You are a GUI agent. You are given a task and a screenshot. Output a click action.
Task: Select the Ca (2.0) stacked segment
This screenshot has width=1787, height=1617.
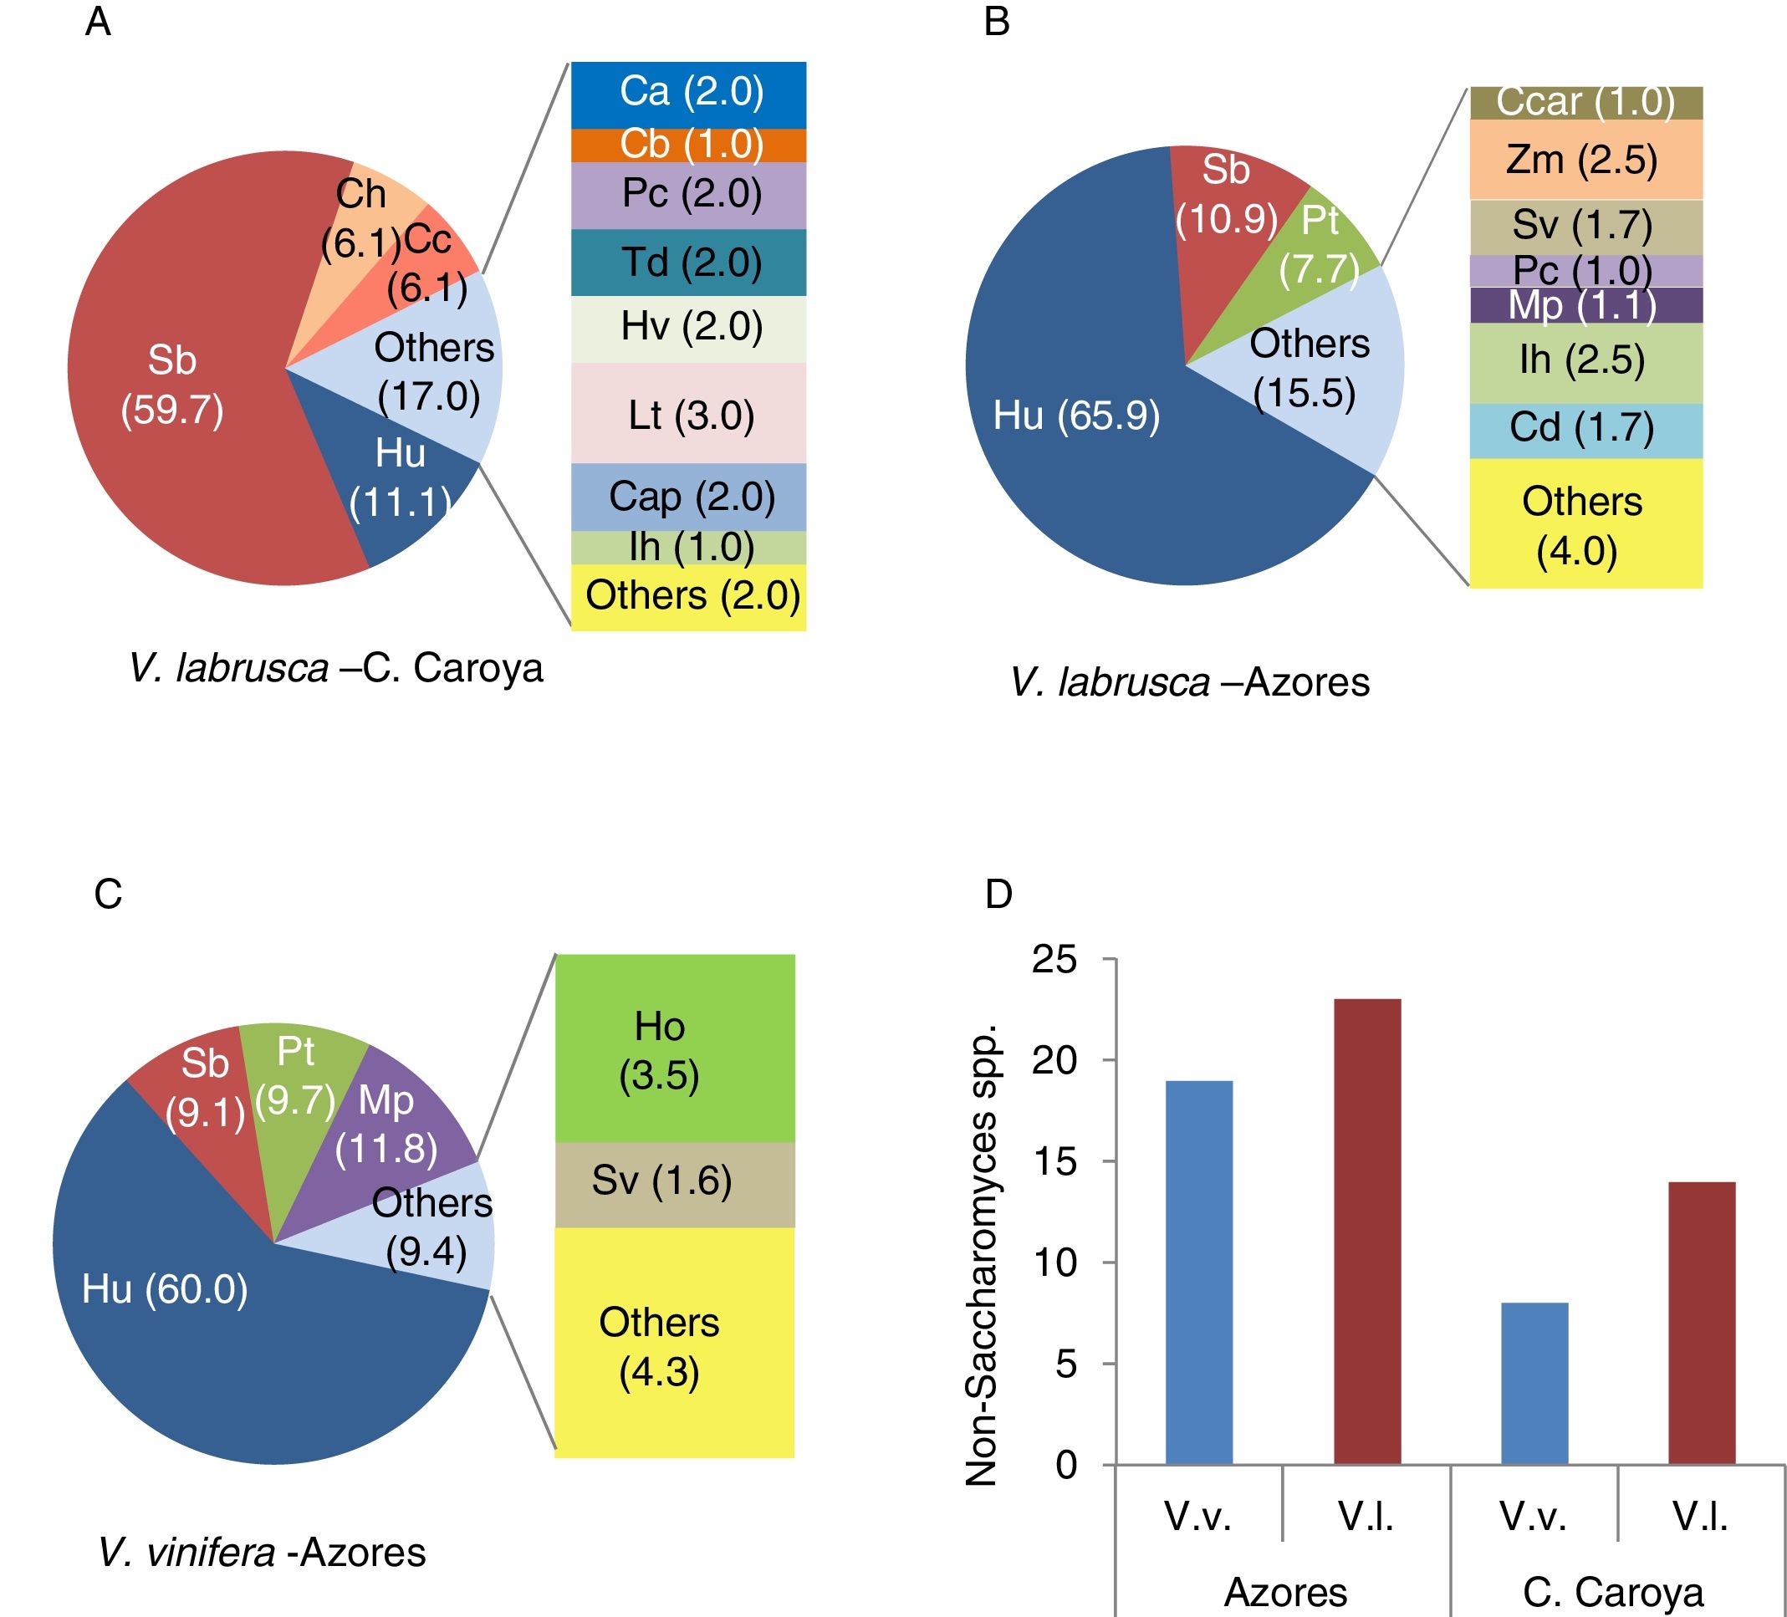[689, 93]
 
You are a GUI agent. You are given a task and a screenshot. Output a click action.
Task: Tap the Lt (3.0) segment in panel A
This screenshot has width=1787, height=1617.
[689, 414]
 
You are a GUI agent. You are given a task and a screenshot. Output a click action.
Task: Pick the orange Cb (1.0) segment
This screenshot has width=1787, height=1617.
[689, 145]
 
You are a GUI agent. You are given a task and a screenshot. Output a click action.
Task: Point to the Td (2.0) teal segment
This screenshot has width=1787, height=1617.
[689, 263]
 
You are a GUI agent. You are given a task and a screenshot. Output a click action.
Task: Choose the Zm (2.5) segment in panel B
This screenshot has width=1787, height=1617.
[1585, 161]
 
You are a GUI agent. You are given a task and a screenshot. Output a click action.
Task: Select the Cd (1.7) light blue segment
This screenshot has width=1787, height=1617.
[1585, 430]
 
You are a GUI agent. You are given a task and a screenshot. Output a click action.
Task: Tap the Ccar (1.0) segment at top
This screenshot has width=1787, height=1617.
[1585, 103]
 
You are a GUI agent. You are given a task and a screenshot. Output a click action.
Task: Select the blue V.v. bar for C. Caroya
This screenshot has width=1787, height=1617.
[1534, 1384]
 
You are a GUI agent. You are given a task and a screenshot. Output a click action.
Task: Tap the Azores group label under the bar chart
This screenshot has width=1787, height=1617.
[1285, 1592]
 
